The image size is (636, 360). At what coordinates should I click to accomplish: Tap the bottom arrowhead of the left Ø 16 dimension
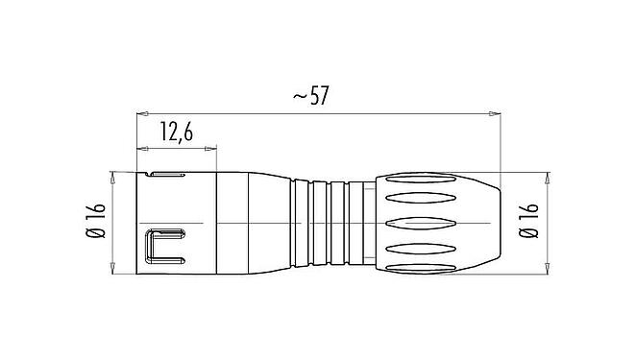click(114, 269)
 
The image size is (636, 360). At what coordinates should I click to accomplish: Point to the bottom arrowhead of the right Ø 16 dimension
click(548, 269)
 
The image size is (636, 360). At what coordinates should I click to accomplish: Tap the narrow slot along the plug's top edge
click(169, 176)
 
